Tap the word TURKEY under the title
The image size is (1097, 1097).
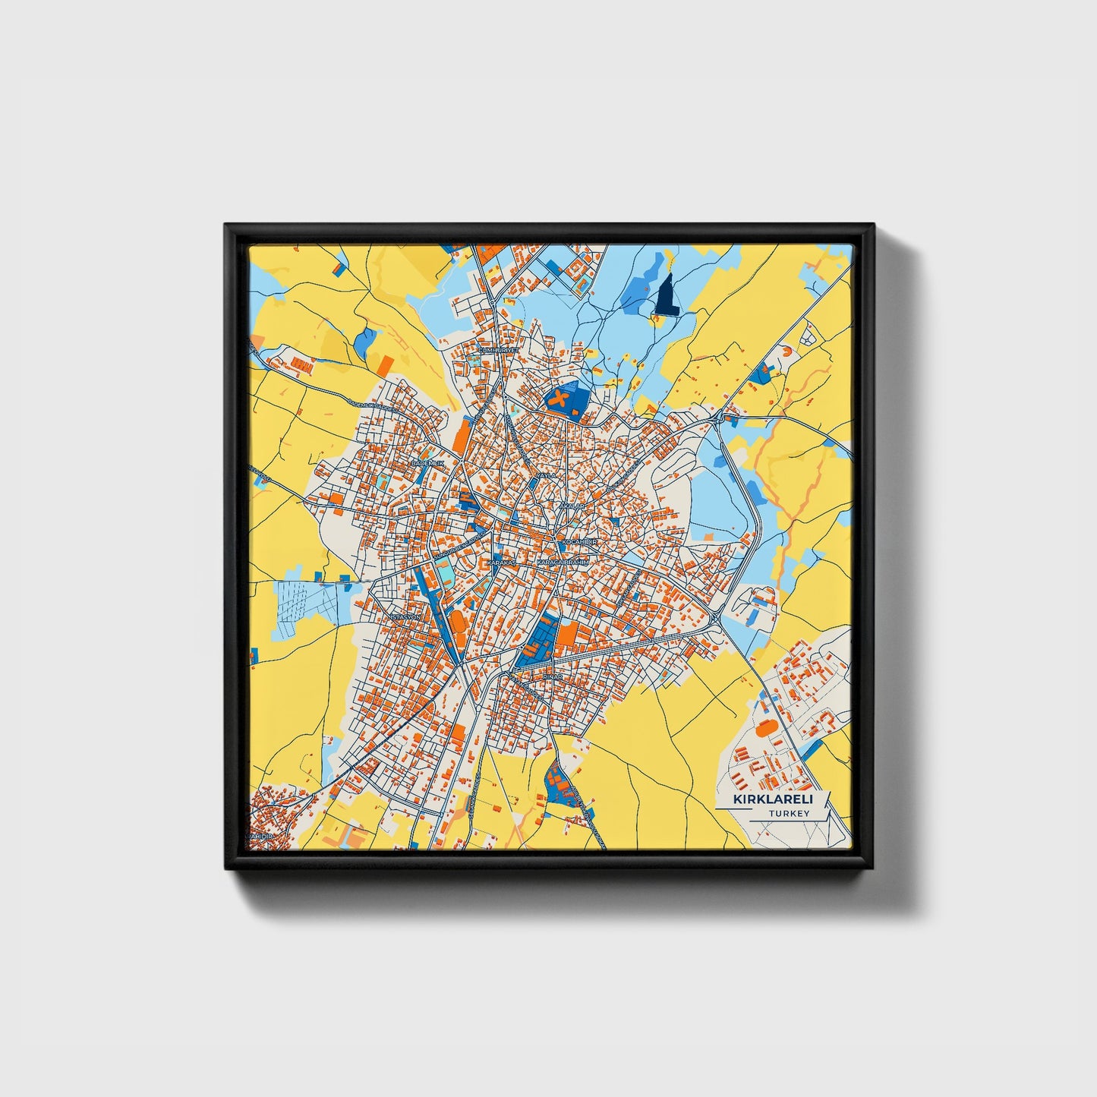tap(789, 813)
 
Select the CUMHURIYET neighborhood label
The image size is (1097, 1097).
tap(498, 350)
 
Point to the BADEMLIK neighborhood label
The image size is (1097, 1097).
tap(426, 462)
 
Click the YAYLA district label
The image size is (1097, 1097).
tap(546, 475)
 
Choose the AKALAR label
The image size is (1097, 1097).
tap(571, 505)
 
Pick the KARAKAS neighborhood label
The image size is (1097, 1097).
tap(500, 563)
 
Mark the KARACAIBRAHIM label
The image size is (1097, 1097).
tap(563, 563)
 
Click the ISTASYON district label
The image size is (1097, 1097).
tap(403, 618)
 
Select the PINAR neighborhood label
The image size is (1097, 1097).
tap(553, 676)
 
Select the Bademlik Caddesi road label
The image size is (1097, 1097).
tap(372, 404)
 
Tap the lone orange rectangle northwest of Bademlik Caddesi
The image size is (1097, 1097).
tap(386, 365)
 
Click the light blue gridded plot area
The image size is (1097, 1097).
tap(307, 608)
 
